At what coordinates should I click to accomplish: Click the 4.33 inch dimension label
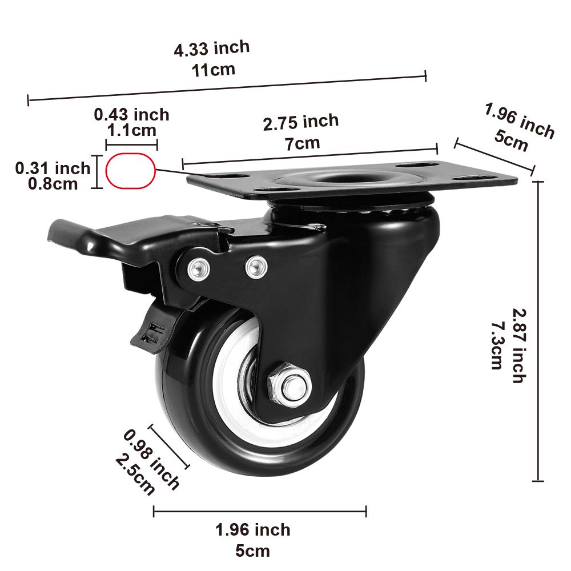pos(212,49)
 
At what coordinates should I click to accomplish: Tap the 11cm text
pos(212,70)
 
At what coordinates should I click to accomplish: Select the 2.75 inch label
pos(301,122)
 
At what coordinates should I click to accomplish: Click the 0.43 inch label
pos(132,115)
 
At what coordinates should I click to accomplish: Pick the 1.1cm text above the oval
pos(132,130)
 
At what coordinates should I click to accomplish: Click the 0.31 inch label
pos(53,168)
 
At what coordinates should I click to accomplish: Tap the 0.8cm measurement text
pos(53,183)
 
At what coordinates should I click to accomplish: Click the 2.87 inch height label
pos(517,345)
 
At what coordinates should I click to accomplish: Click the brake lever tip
pos(60,231)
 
